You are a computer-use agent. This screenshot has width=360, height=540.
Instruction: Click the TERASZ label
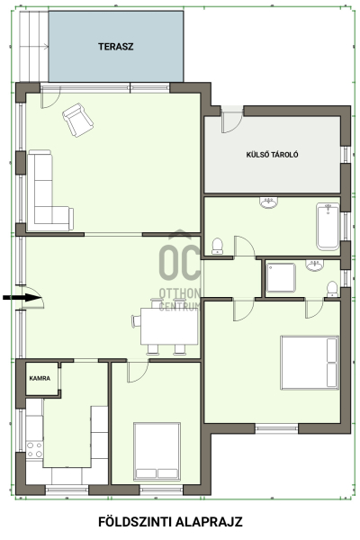(x=115, y=47)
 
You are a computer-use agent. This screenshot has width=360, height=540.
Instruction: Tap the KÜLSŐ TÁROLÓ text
(x=272, y=155)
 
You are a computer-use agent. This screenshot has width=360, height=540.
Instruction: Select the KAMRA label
(x=40, y=378)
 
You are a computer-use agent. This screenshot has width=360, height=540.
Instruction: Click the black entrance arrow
(x=22, y=298)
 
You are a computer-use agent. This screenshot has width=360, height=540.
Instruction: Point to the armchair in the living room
(x=78, y=120)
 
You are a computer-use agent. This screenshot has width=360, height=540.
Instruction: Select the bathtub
(x=328, y=226)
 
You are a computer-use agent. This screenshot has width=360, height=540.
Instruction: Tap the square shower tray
(x=281, y=277)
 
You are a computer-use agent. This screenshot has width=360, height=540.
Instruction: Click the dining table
(x=169, y=327)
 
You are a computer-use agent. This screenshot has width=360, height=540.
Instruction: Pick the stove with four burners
(x=34, y=450)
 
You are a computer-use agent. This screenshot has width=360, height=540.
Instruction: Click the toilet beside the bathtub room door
(x=218, y=247)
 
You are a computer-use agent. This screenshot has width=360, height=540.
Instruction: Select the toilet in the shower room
(x=332, y=289)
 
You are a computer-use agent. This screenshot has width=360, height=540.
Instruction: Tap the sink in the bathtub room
(x=268, y=202)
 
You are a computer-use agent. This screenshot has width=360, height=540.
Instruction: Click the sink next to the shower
(x=314, y=265)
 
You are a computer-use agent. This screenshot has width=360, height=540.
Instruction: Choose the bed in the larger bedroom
(x=310, y=363)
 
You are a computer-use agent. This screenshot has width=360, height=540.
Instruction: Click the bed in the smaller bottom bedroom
(x=157, y=451)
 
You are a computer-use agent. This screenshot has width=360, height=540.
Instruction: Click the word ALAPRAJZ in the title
(x=209, y=522)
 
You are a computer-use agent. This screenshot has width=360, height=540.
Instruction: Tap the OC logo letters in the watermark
(x=180, y=263)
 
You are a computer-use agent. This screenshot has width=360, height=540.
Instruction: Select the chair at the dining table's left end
(x=137, y=320)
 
